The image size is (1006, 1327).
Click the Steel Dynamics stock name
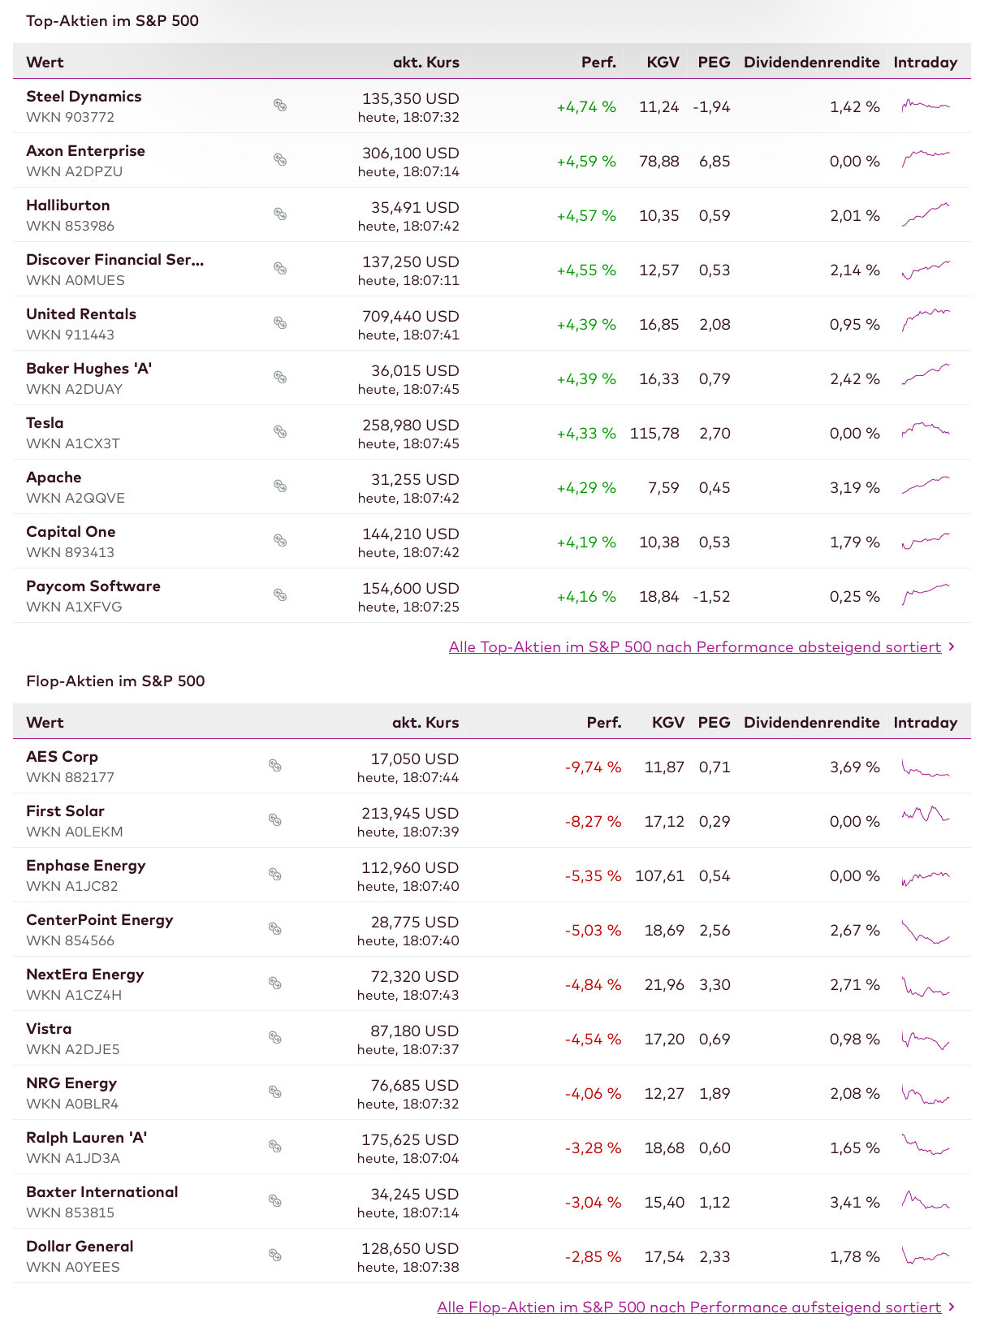pyautogui.click(x=84, y=97)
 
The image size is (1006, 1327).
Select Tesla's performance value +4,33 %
pyautogui.click(x=585, y=434)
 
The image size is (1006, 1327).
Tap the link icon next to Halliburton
pyautogui.click(x=280, y=214)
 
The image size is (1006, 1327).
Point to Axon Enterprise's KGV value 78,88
pyautogui.click(x=658, y=162)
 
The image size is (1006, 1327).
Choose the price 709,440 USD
pyautogui.click(x=410, y=317)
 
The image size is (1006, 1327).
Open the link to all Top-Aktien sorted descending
pyautogui.click(x=694, y=647)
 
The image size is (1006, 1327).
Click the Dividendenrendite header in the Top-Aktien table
pyautogui.click(x=811, y=63)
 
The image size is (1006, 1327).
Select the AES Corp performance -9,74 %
pyautogui.click(x=593, y=767)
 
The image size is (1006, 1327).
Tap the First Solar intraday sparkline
pyautogui.click(x=925, y=815)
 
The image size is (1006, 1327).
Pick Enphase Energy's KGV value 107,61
pyautogui.click(x=659, y=876)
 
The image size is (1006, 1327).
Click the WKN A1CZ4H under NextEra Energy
pyautogui.click(x=74, y=996)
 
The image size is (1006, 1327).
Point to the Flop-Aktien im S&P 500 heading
pyautogui.click(x=115, y=681)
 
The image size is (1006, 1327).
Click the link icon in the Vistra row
pyautogui.click(x=275, y=1038)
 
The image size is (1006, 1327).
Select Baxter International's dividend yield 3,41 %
pyautogui.click(x=854, y=1203)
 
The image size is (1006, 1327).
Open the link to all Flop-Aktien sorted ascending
pyautogui.click(x=689, y=1308)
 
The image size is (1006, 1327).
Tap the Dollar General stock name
pyautogui.click(x=80, y=1247)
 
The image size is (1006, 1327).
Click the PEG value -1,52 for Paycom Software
pyautogui.click(x=711, y=597)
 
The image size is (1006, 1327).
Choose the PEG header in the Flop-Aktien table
pyautogui.click(x=714, y=723)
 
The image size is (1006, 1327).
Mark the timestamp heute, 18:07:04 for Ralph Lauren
pyautogui.click(x=408, y=1159)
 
